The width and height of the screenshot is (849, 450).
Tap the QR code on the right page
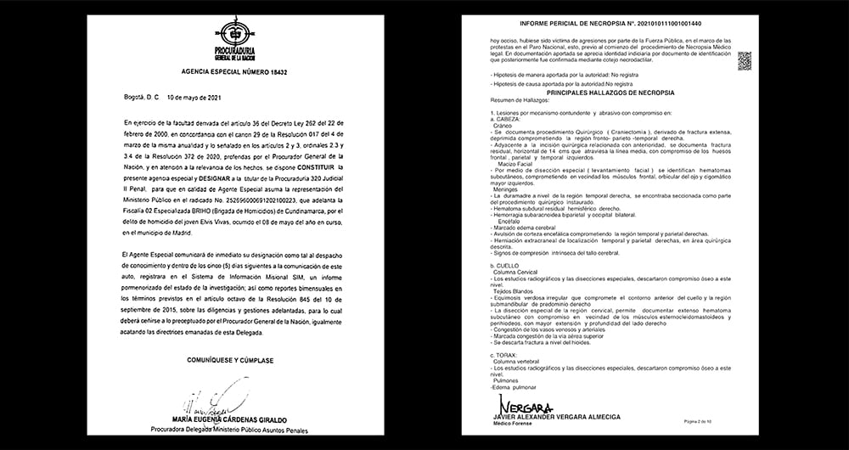click(745, 59)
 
